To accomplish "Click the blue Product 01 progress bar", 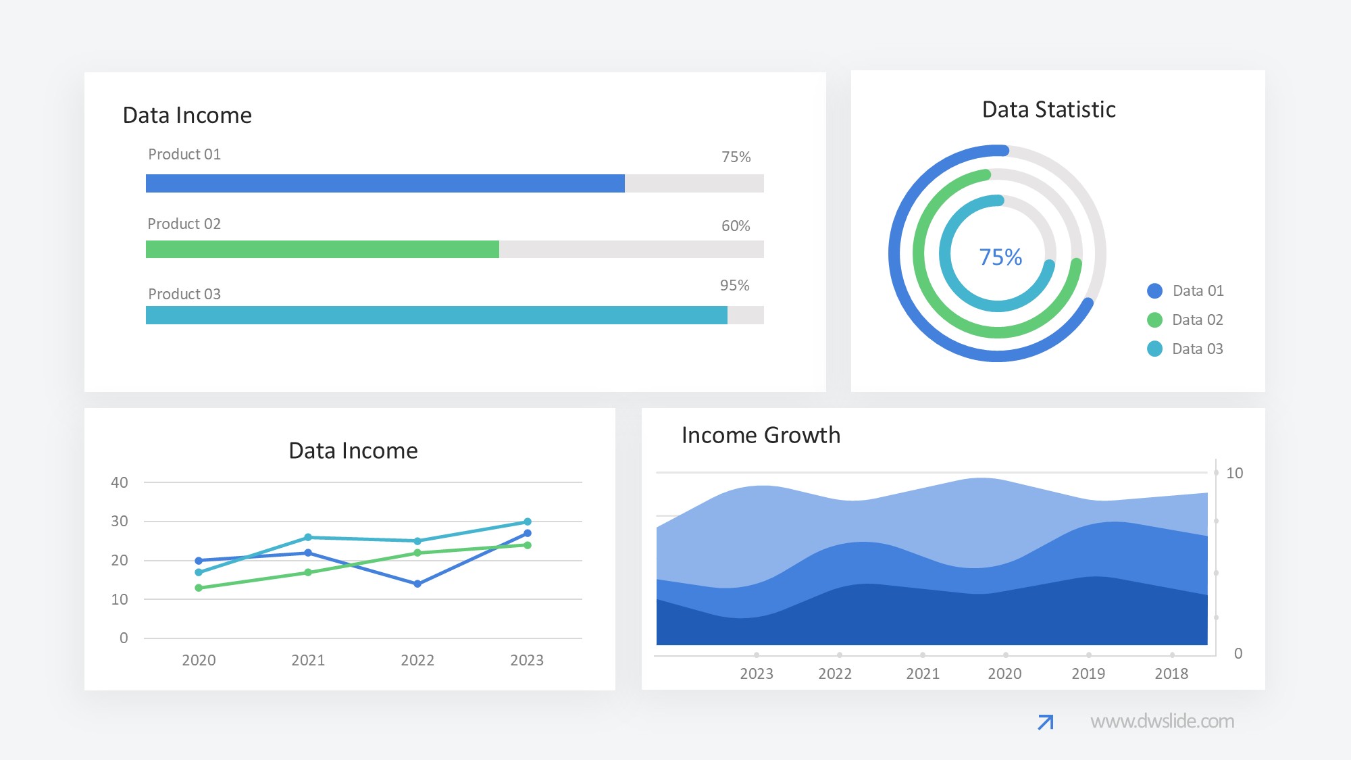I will click(x=385, y=183).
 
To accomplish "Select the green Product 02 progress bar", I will click(x=322, y=249).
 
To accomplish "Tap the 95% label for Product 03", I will click(x=734, y=285).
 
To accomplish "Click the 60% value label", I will click(x=736, y=226).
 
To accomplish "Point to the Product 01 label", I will click(x=184, y=154).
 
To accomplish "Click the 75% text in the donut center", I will click(x=1000, y=257).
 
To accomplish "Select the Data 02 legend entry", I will click(x=1197, y=320).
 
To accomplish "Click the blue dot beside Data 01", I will click(x=1154, y=290).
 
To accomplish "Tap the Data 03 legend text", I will click(x=1197, y=349).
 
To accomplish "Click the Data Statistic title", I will click(x=1048, y=109).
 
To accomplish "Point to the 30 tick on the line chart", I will click(x=120, y=521).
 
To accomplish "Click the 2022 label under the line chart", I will click(x=417, y=660).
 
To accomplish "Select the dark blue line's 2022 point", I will click(x=417, y=584).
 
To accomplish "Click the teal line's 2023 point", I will click(x=528, y=522).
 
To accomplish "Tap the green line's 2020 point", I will click(x=199, y=588).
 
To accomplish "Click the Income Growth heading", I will click(x=761, y=435).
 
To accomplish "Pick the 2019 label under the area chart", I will click(x=1088, y=674).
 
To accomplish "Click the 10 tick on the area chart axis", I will click(x=1234, y=473).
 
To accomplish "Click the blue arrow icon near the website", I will click(x=1045, y=722).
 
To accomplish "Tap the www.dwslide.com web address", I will click(x=1162, y=721).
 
